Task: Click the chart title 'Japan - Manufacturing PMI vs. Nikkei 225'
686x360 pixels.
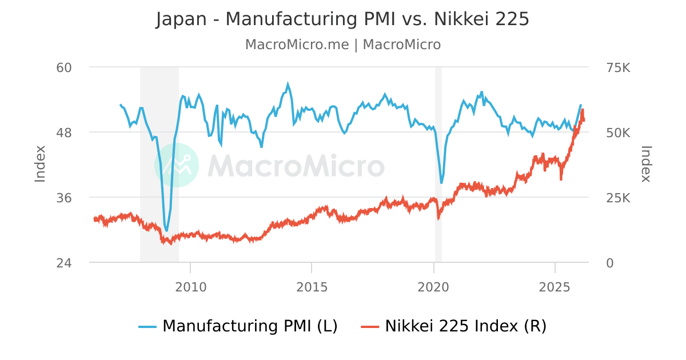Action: (342, 19)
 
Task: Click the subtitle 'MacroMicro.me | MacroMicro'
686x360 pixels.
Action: (342, 45)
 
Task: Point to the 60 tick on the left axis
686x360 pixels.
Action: (63, 67)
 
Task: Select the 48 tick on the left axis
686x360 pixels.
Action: (63, 133)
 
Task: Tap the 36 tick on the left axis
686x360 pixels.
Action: (63, 198)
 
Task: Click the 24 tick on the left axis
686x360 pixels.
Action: (63, 263)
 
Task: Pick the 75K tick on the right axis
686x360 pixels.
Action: (617, 67)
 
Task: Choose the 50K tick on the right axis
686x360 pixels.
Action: (617, 133)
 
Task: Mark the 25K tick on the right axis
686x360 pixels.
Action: (617, 198)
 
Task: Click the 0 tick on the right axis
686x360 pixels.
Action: (609, 263)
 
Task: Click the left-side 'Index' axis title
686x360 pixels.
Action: (40, 164)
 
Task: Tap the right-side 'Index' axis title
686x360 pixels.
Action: (646, 164)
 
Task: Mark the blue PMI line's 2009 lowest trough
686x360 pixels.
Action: (166, 230)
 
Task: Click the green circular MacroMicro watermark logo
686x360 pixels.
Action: (177, 165)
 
